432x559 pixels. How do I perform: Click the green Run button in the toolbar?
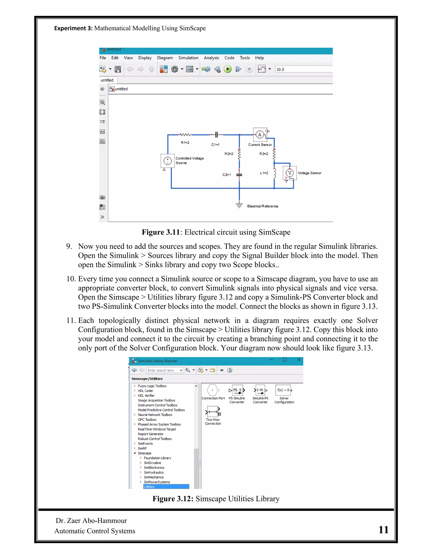pyautogui.click(x=228, y=69)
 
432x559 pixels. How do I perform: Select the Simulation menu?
pyautogui.click(x=188, y=58)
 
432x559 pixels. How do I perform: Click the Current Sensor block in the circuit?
pyautogui.click(x=260, y=135)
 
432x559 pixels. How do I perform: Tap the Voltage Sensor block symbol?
pyautogui.click(x=290, y=173)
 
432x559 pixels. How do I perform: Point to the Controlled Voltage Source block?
pyautogui.click(x=168, y=161)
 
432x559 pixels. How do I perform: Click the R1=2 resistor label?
pyautogui.click(x=185, y=143)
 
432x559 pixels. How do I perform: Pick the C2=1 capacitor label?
pyautogui.click(x=227, y=175)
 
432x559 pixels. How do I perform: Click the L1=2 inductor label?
pyautogui.click(x=264, y=173)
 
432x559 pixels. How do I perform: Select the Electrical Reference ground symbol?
pyautogui.click(x=239, y=205)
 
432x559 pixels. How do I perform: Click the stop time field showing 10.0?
pyautogui.click(x=302, y=69)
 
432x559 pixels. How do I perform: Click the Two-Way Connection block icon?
pyautogui.click(x=213, y=412)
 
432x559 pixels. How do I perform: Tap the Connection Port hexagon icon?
pyautogui.click(x=212, y=390)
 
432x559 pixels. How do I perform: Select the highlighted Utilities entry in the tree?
pyautogui.click(x=166, y=487)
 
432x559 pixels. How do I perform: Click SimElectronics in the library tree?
pyautogui.click(x=154, y=468)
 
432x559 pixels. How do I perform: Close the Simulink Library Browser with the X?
pyautogui.click(x=299, y=360)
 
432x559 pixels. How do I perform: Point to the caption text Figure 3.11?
pyautogui.click(x=161, y=232)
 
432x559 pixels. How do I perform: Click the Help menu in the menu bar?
pyautogui.click(x=259, y=58)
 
